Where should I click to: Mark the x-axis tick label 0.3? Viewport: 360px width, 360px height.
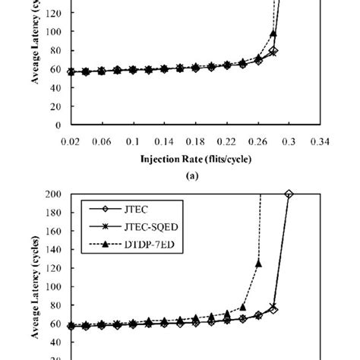(289, 141)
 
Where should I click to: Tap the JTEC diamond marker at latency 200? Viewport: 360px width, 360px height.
(289, 194)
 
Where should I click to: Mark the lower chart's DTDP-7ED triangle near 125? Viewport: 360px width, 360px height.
(258, 264)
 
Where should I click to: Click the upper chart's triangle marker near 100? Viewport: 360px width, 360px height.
(273, 34)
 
